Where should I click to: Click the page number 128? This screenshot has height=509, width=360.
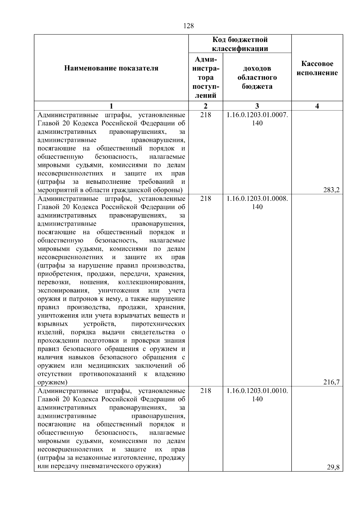(188, 26)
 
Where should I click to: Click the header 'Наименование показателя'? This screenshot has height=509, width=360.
(111, 68)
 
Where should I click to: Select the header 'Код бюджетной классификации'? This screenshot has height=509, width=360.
(240, 44)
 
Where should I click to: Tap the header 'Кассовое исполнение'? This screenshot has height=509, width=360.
(317, 68)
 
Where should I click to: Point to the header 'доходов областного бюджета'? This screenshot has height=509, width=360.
(257, 77)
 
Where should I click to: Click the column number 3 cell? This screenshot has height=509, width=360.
(257, 106)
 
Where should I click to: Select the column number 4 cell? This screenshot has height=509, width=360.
(317, 106)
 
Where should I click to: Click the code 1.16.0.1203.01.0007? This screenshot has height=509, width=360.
(257, 115)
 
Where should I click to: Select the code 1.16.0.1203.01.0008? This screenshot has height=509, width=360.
(257, 199)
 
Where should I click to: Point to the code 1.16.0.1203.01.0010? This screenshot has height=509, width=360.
(257, 391)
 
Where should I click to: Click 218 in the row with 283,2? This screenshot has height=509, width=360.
(205, 115)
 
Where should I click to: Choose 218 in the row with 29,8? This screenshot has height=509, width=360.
(205, 391)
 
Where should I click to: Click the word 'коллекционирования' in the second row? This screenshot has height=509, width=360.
(151, 282)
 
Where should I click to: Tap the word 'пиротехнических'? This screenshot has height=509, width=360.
(158, 324)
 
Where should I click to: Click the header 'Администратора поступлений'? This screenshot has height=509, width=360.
(205, 77)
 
